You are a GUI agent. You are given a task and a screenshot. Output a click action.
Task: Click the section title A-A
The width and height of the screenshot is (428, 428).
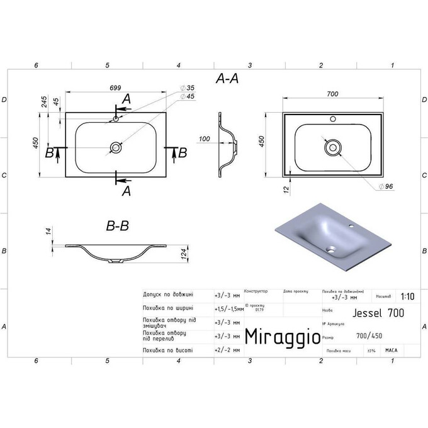pos(227,79)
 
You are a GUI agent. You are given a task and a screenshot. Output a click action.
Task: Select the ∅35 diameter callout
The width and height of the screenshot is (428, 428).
pos(187,87)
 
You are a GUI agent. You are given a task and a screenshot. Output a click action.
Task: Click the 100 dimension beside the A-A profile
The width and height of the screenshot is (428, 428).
pos(204,138)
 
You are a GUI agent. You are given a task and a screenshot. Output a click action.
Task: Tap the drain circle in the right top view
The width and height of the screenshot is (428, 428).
pos(333,148)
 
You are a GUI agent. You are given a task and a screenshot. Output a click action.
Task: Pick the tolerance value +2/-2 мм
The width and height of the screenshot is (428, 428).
pos(224,349)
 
